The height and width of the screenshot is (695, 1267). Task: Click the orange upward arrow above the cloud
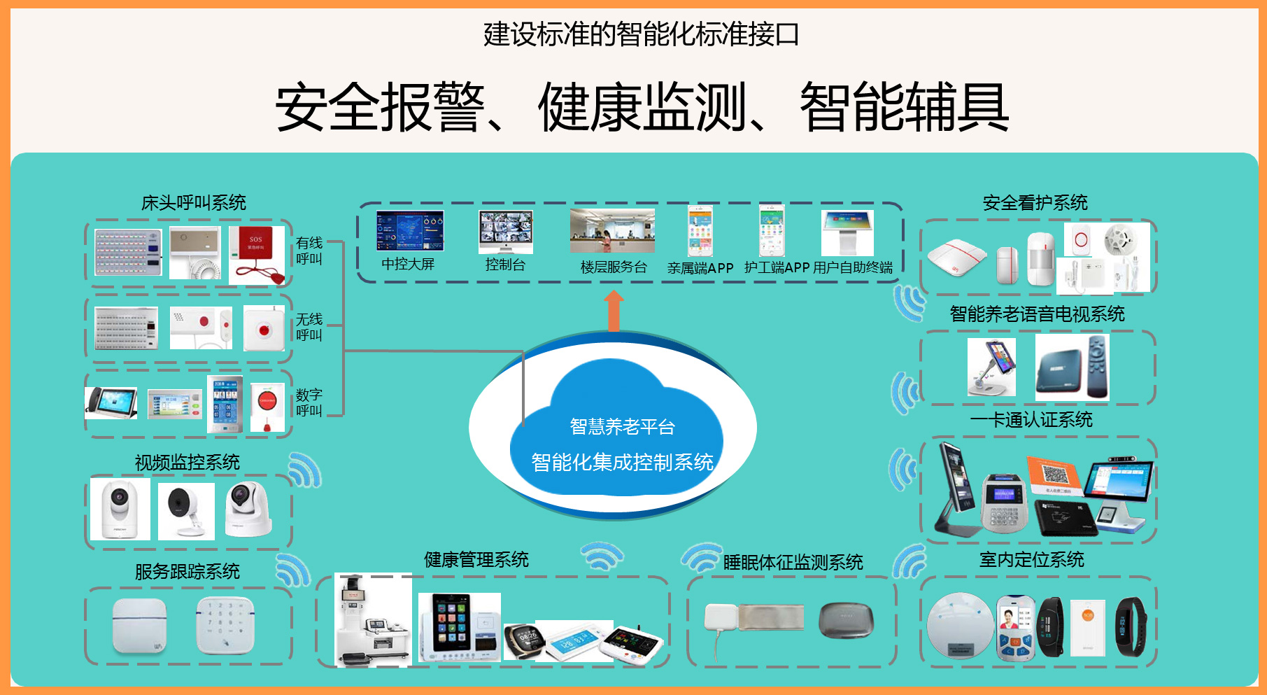point(614,311)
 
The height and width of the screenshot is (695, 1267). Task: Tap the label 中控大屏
point(408,264)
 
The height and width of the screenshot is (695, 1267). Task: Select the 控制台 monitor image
point(505,232)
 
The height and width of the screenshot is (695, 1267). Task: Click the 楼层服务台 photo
point(612,231)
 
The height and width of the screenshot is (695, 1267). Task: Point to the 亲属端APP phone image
point(700,231)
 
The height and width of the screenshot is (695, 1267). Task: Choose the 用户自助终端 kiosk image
point(847,233)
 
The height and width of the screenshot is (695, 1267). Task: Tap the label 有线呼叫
point(309,251)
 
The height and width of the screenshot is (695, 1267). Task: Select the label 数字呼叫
point(309,402)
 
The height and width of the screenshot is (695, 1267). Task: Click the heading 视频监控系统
point(187,462)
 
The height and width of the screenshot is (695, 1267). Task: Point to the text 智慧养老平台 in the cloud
point(622,426)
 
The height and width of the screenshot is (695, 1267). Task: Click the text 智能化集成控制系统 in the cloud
point(622,462)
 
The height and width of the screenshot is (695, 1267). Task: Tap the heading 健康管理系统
point(476,559)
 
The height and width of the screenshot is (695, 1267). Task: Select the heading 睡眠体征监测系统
point(793,562)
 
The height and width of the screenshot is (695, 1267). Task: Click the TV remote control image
point(1098,367)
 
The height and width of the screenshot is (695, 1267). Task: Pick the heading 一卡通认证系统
point(1031,420)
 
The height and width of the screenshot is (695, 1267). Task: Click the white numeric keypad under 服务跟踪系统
point(225,625)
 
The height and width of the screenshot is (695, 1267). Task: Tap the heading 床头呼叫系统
point(194,203)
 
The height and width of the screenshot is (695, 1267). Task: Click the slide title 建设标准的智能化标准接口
point(641,34)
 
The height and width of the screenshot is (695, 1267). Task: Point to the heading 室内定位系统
point(1031,559)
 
